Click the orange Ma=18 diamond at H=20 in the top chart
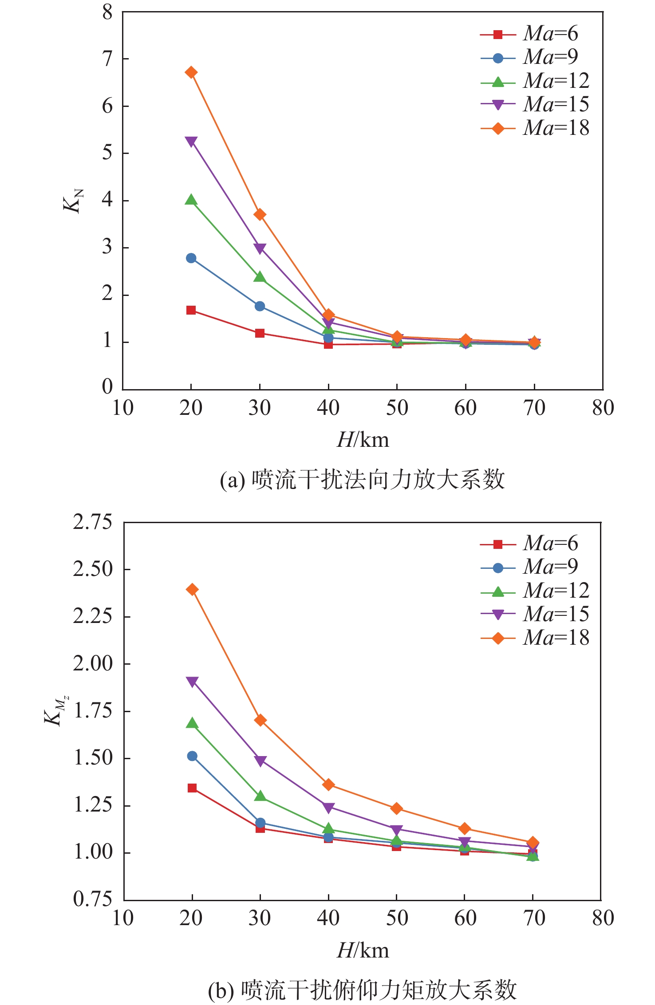[191, 72]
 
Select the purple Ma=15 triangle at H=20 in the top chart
[191, 142]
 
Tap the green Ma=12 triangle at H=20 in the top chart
[191, 200]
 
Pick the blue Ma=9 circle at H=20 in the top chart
[191, 258]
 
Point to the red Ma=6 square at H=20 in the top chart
[191, 310]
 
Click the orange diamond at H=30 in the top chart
[260, 215]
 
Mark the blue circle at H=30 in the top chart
[260, 306]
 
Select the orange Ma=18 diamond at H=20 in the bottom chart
[192, 589]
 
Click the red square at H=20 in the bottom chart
[192, 788]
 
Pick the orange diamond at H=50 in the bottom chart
[397, 808]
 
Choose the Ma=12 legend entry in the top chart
[535, 81]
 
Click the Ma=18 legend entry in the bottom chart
[535, 638]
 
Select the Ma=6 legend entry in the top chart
[529, 34]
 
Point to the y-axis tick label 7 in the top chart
[107, 59]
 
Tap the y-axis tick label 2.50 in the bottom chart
[93, 569]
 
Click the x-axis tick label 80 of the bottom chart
[603, 918]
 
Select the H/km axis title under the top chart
[363, 440]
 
